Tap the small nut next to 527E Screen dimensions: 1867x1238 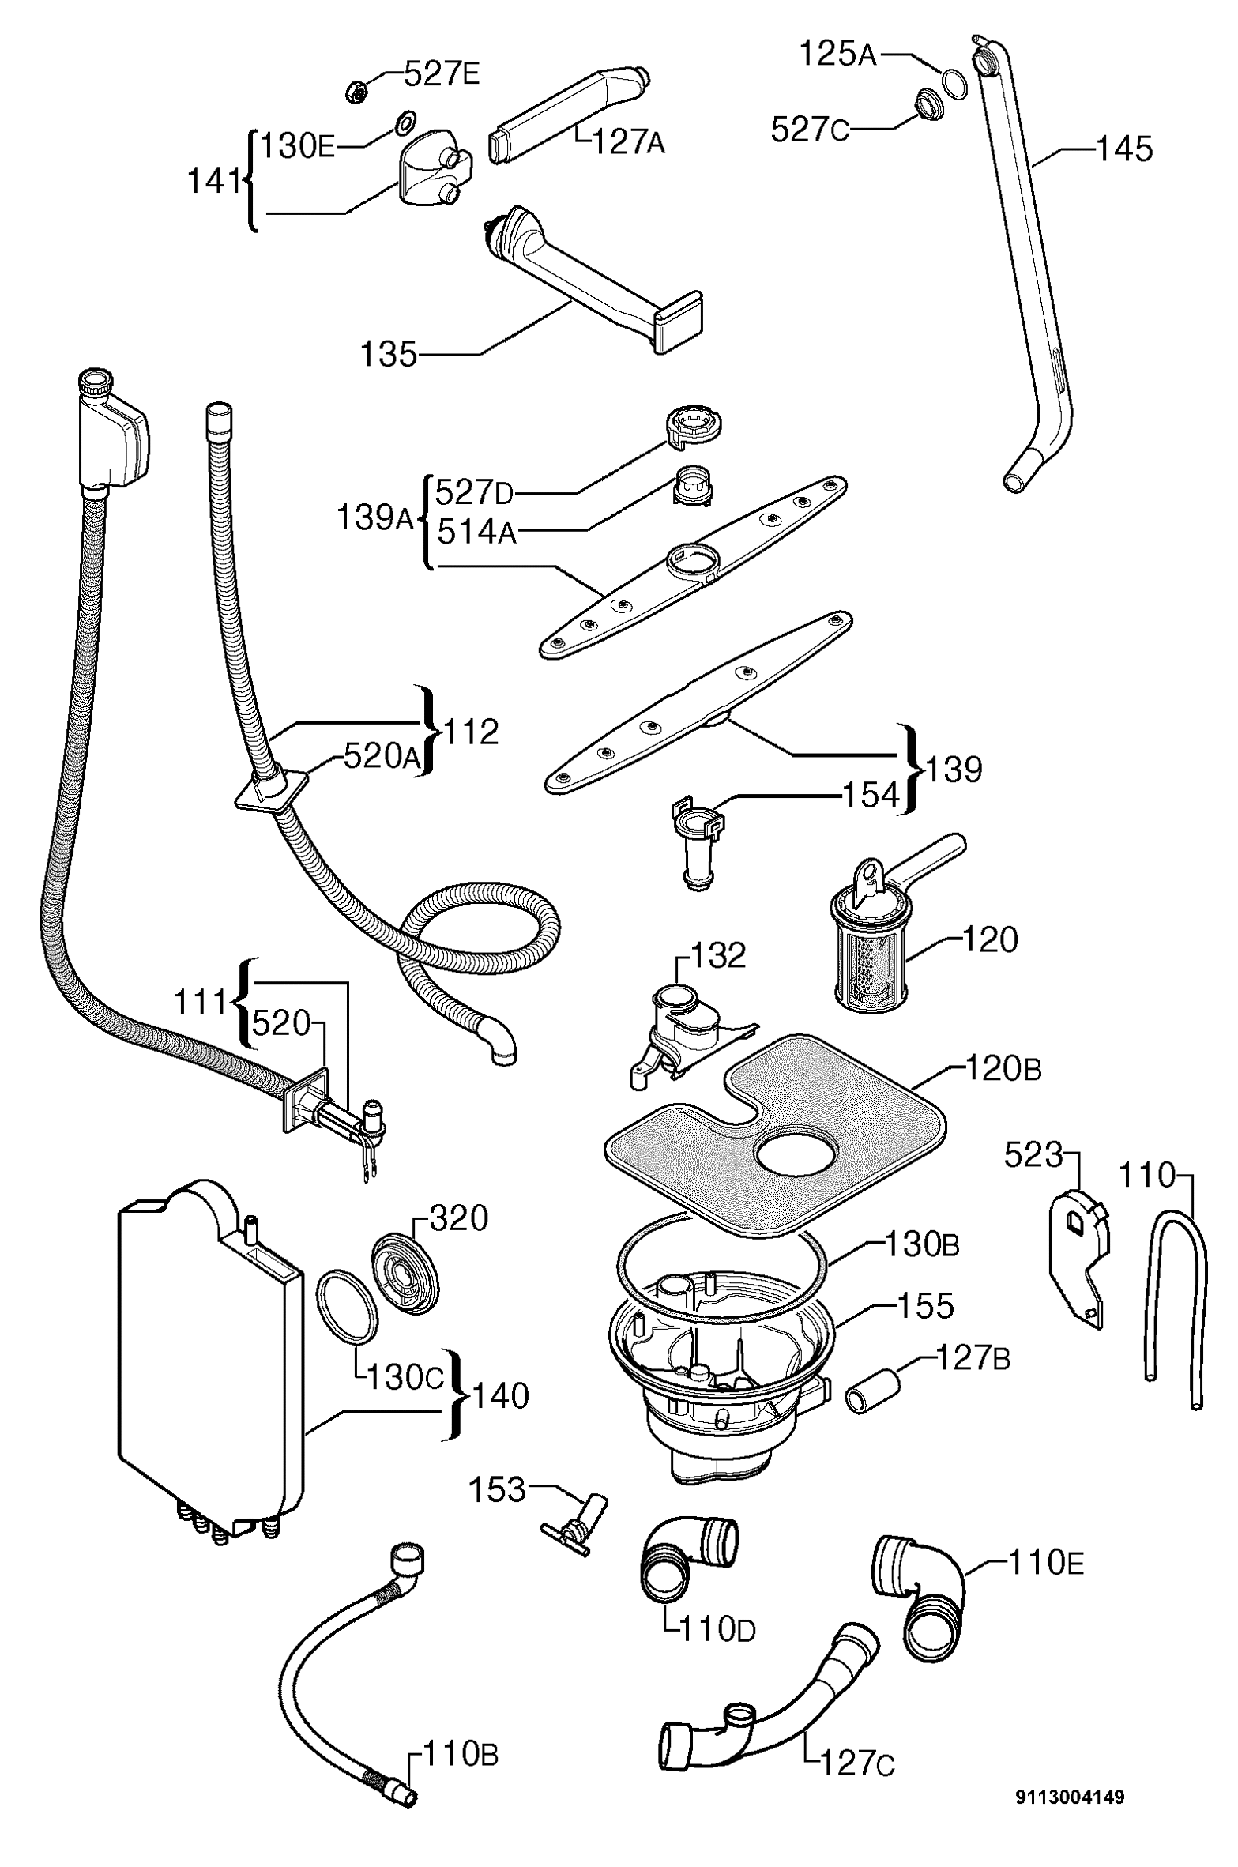point(356,92)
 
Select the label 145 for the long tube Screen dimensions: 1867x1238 point(1123,149)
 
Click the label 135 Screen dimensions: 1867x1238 point(388,355)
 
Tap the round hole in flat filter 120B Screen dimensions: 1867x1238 point(795,1156)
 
